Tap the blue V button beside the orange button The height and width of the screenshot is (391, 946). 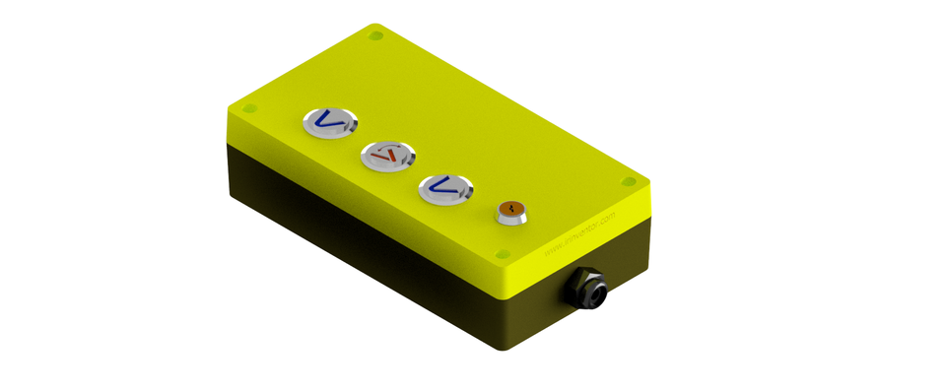(444, 186)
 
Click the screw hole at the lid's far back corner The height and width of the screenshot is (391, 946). (375, 36)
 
